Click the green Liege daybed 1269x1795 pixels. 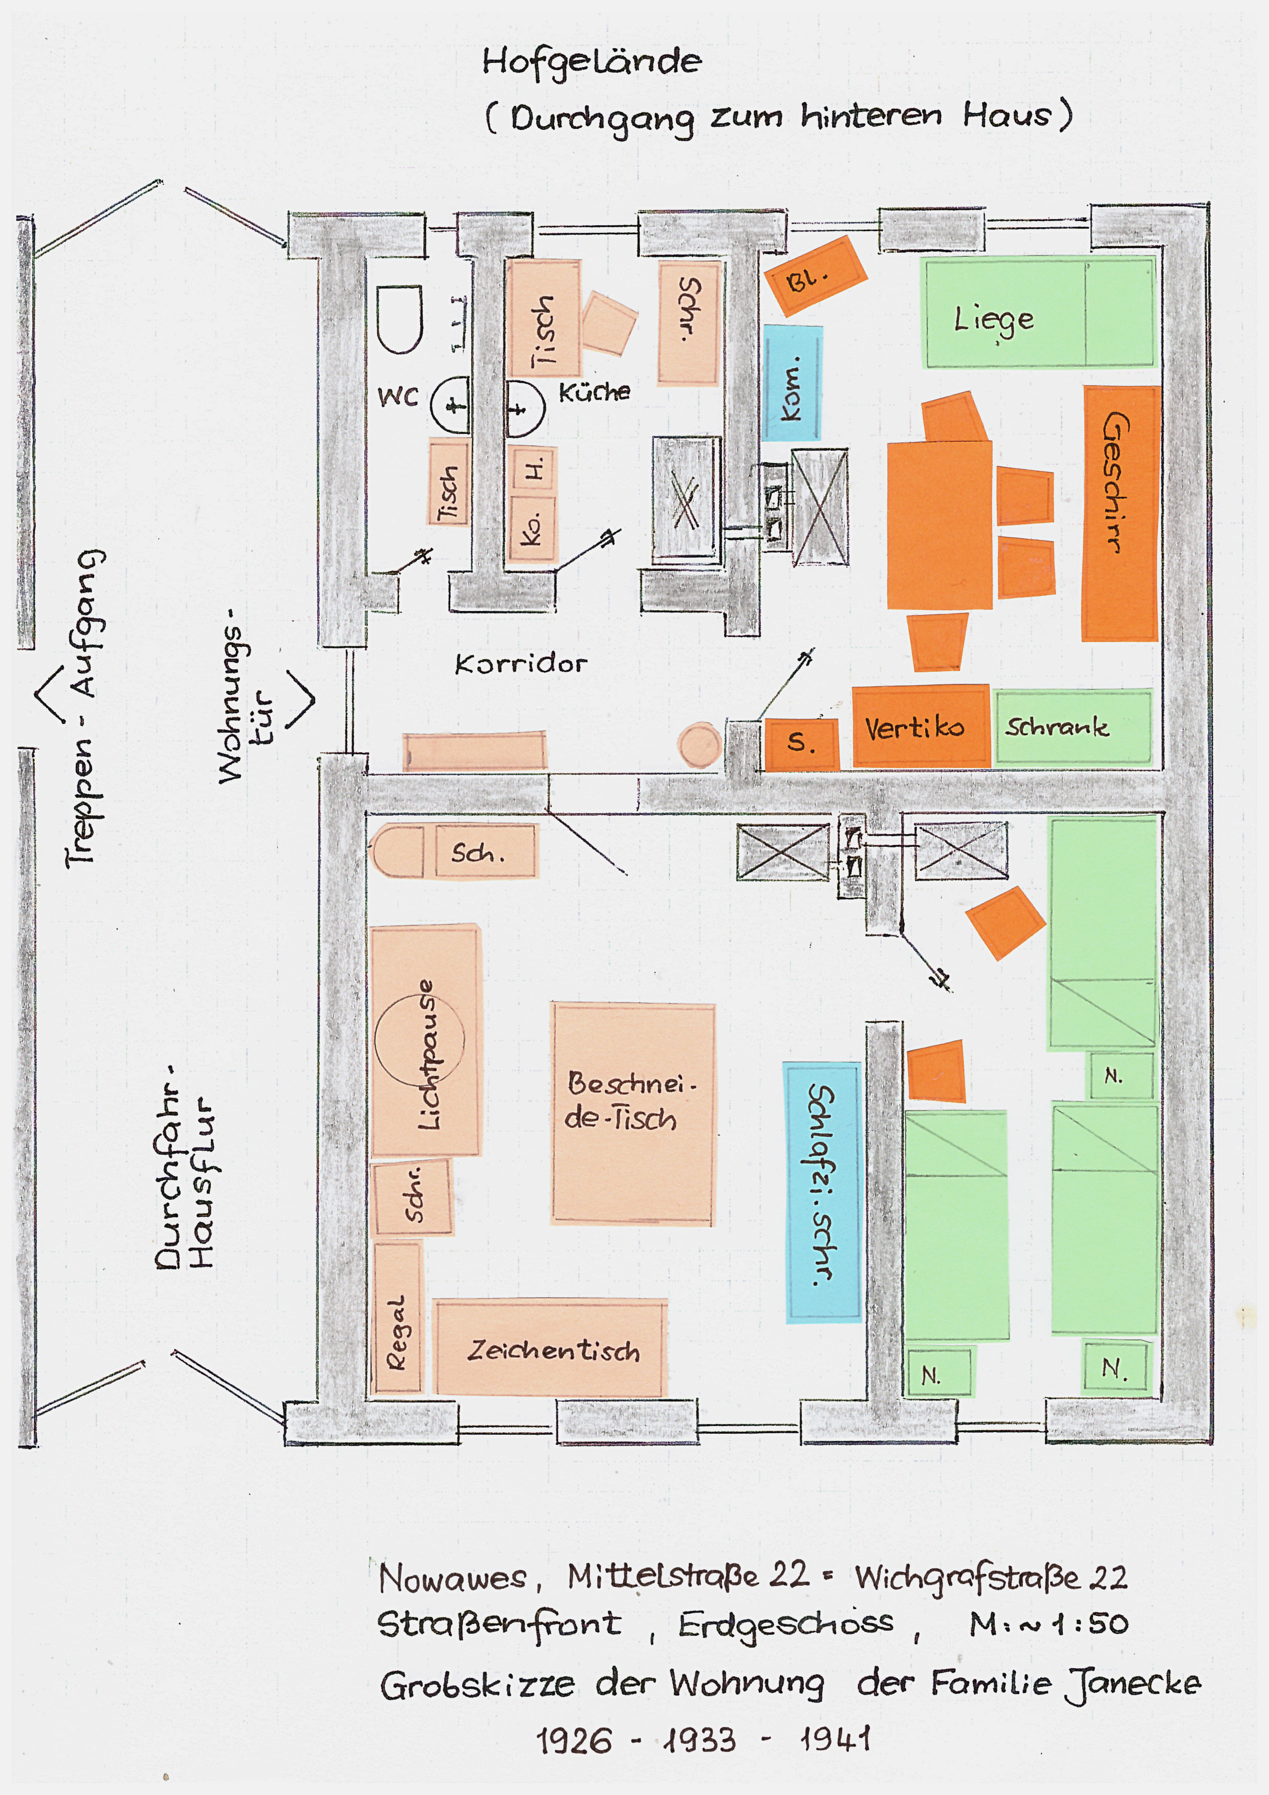coord(1040,313)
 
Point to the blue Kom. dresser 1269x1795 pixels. coord(792,383)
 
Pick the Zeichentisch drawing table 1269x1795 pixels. coord(551,1349)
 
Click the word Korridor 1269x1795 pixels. coord(521,665)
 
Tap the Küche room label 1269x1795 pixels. coord(594,391)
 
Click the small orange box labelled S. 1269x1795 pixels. coord(801,742)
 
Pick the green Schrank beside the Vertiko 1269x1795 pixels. coord(1072,727)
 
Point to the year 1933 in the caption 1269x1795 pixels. coord(700,1740)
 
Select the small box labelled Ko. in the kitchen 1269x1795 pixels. coord(532,528)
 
